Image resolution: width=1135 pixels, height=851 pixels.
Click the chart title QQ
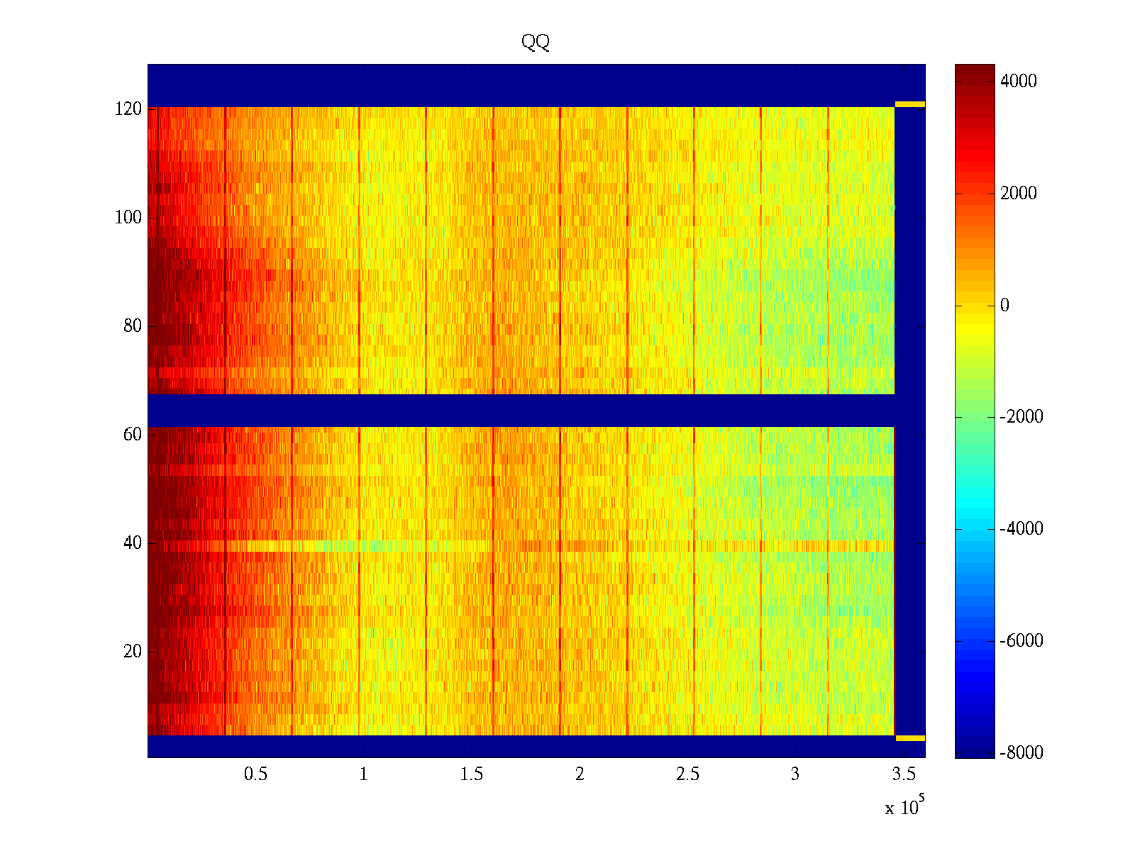[536, 43]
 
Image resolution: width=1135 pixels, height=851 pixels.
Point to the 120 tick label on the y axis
[128, 109]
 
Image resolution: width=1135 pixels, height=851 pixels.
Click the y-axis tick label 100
[128, 218]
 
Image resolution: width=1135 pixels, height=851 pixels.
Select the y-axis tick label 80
[133, 326]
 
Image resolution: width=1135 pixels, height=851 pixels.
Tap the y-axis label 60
[133, 435]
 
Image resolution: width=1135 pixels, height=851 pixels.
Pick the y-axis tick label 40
[133, 543]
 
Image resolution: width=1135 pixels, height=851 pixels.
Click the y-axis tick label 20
[133, 652]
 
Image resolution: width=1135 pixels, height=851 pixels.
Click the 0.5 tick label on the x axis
[256, 774]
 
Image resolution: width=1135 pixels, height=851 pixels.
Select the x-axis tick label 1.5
[472, 774]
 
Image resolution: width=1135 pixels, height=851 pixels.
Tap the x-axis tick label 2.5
[687, 774]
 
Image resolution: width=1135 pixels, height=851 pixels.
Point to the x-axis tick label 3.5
[903, 774]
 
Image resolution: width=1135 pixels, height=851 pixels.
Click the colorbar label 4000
[1019, 82]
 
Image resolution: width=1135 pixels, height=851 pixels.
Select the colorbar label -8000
[1021, 753]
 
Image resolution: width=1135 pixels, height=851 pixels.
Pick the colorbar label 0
[1004, 306]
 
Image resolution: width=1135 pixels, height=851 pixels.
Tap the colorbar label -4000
[1021, 529]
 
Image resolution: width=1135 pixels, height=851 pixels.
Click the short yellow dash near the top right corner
[910, 104]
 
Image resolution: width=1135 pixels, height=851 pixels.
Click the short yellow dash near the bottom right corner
[910, 738]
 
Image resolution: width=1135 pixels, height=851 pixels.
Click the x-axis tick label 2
[580, 774]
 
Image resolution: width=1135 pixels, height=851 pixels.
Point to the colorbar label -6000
[1021, 641]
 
